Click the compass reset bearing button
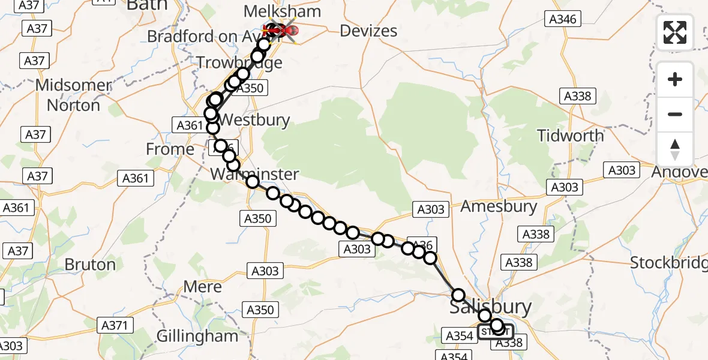click(675, 149)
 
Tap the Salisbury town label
click(490, 307)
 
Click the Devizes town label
click(368, 31)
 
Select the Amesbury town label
click(499, 206)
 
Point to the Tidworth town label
click(571, 136)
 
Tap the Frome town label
click(170, 149)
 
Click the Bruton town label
click(90, 265)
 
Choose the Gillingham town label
click(197, 335)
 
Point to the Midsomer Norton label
click(73, 95)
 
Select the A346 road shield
click(563, 19)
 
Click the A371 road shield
click(115, 326)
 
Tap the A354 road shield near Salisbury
click(460, 335)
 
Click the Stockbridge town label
click(668, 262)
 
